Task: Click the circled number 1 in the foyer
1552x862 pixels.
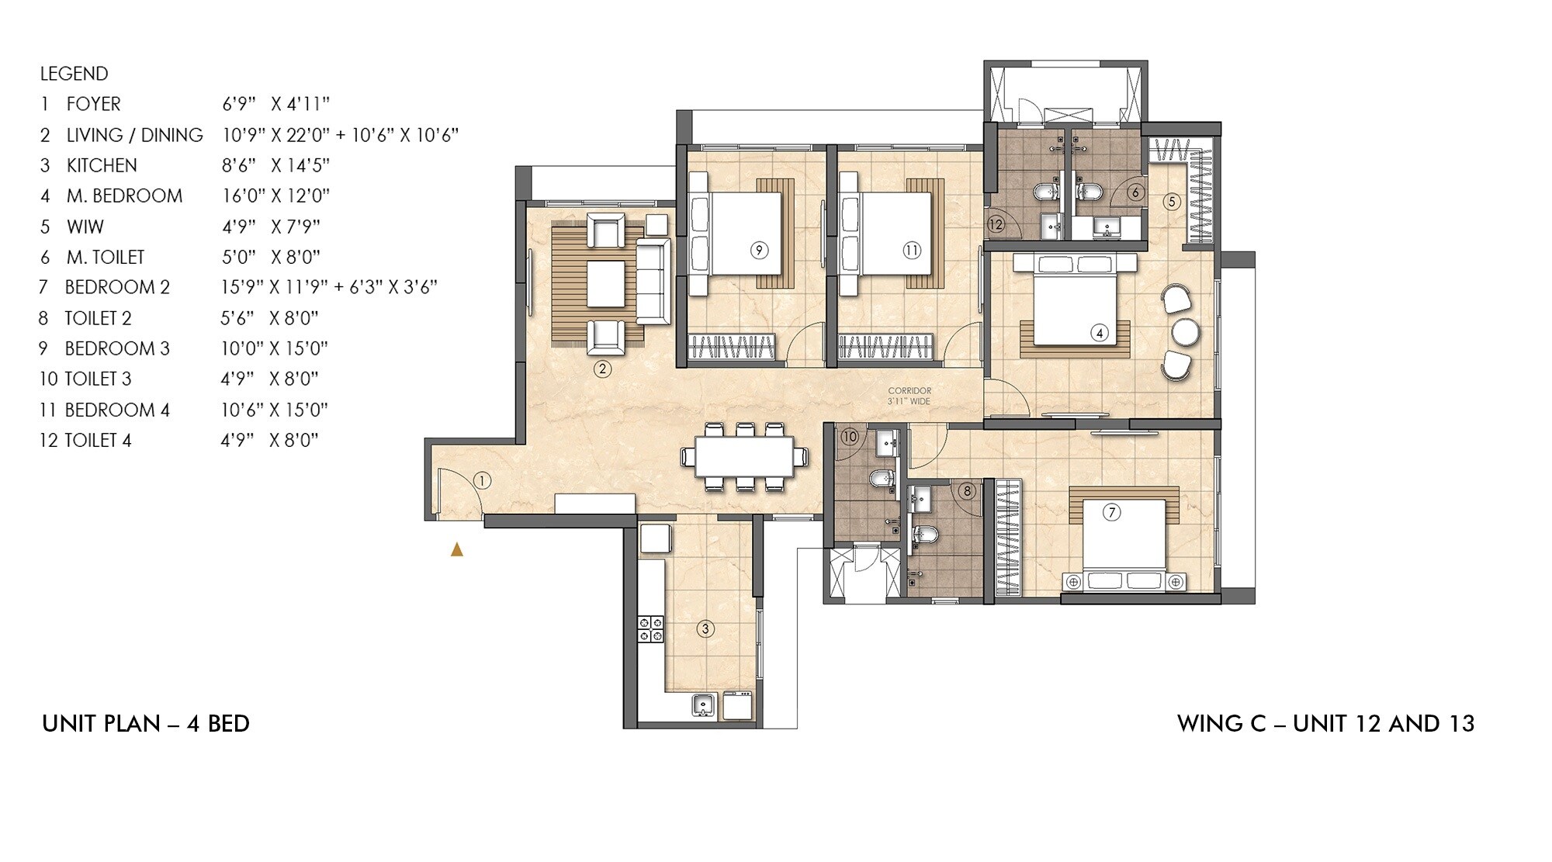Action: point(482,481)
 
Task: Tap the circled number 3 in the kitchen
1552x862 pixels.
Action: point(705,628)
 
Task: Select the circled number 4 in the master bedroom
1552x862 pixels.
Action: point(1099,334)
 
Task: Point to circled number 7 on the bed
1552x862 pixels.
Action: point(1111,513)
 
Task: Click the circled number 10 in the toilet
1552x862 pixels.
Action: point(849,437)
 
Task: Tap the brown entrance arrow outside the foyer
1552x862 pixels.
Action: point(457,550)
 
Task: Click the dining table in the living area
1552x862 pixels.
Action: point(743,456)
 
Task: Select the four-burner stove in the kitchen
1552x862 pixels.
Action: point(650,628)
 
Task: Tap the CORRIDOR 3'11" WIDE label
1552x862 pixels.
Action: point(909,396)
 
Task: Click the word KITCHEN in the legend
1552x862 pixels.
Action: point(102,165)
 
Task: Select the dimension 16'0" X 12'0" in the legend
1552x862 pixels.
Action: point(275,196)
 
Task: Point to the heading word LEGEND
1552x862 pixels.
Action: point(74,74)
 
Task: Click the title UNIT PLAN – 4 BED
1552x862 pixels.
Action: point(146,724)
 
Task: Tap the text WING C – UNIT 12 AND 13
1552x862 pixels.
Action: point(1325,724)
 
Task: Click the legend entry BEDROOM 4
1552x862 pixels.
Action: point(117,410)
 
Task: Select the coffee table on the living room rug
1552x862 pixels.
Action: point(605,284)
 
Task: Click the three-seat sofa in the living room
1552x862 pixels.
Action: point(653,281)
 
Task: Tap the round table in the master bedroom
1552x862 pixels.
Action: point(1186,332)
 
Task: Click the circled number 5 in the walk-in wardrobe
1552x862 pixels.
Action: point(1172,202)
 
